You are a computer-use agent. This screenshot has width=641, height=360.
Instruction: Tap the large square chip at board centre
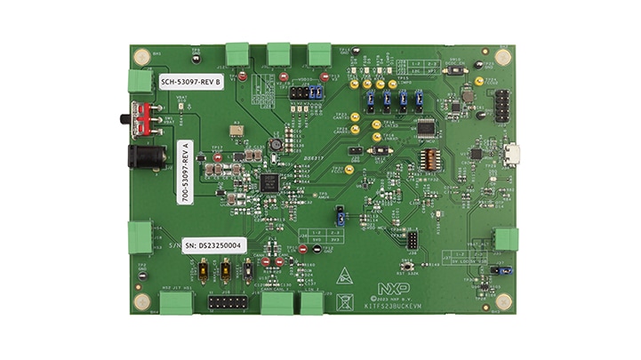268,182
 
